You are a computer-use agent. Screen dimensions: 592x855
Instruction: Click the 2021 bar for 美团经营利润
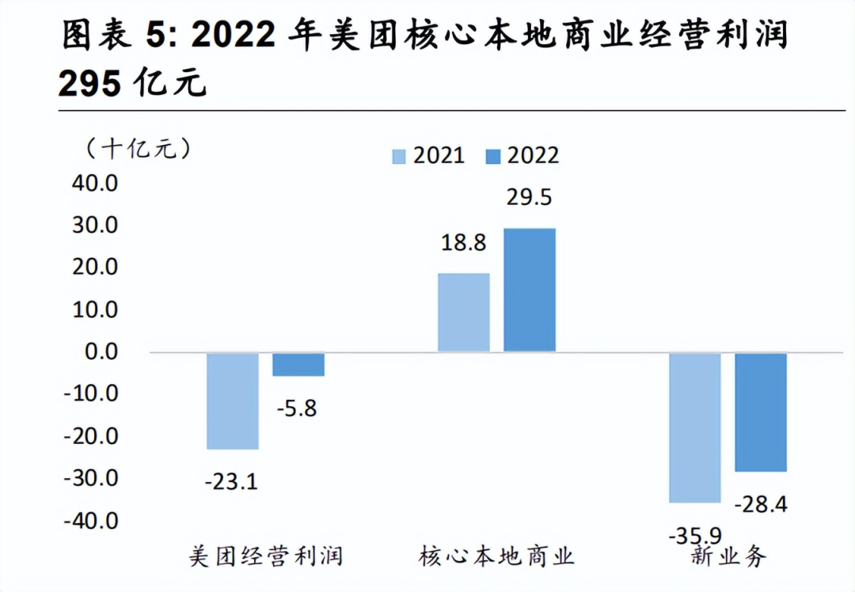coord(233,400)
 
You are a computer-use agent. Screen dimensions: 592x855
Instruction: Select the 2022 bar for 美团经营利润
coord(298,364)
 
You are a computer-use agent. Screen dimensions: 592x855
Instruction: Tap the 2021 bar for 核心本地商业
coord(464,313)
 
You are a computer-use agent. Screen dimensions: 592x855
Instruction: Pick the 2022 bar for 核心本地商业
coord(530,290)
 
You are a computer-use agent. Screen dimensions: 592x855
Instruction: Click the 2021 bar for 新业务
coord(694,427)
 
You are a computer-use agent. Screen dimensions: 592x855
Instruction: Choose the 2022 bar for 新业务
coord(761,412)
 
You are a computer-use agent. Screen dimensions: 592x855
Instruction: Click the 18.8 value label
coord(464,243)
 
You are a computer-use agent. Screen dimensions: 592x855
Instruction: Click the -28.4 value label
coord(760,504)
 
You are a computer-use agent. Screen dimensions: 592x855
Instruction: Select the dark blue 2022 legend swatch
coord(492,156)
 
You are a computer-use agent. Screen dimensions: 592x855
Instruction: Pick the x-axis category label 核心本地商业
coord(497,556)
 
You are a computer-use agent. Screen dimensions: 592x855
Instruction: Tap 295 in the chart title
coord(89,82)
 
